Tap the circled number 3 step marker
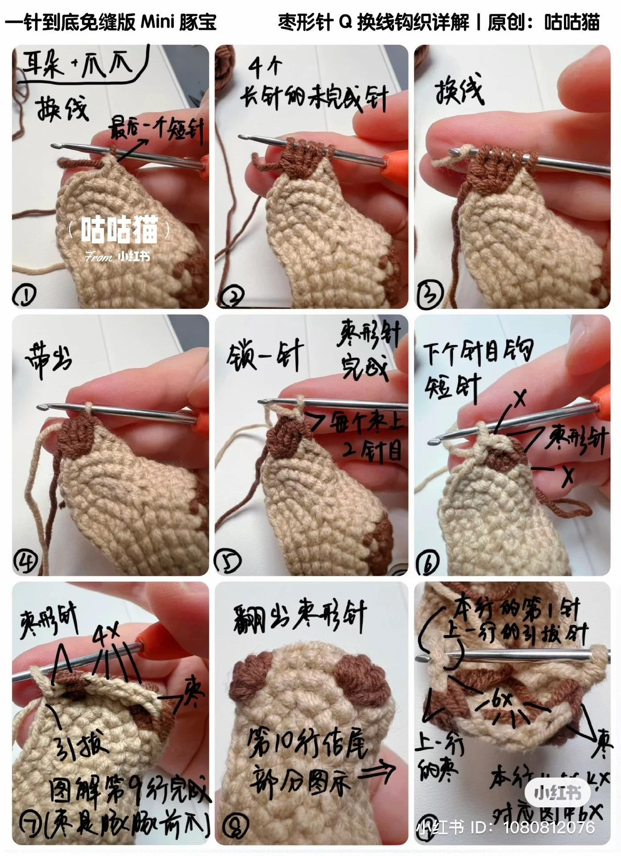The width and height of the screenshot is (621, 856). [429, 293]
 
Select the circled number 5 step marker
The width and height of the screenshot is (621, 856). [228, 561]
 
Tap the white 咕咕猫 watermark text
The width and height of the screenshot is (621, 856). [120, 230]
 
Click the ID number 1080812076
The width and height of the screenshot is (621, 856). [549, 827]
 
